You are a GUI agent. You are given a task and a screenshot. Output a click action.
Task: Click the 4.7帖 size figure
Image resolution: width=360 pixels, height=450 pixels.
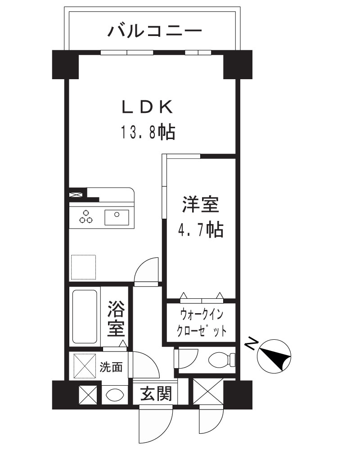[201, 231]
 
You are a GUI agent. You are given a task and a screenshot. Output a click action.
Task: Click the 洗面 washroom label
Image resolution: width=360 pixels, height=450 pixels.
[111, 367]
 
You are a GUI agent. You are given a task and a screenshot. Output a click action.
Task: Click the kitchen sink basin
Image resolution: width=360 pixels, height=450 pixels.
[117, 217]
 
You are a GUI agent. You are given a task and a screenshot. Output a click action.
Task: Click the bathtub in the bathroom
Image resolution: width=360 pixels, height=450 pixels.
[85, 318]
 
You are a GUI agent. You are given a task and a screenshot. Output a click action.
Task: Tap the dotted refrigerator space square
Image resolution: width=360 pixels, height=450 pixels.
[84, 268]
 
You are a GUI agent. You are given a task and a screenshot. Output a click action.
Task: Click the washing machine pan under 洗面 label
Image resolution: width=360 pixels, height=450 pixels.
[85, 366]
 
